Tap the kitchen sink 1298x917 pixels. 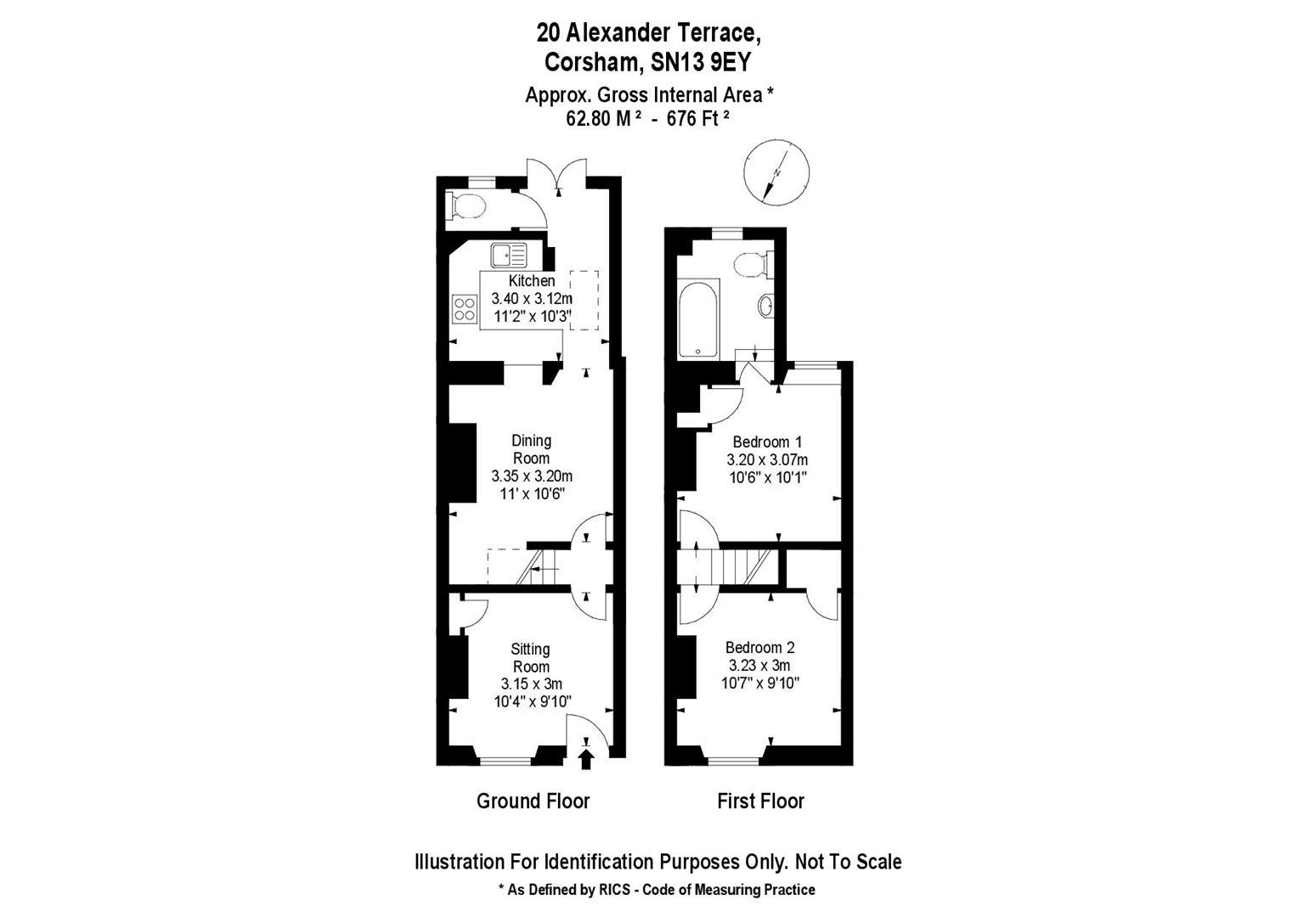[x=508, y=252]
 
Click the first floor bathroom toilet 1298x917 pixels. [x=753, y=263]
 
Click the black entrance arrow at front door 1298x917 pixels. [x=585, y=758]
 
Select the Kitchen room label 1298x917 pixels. [x=532, y=280]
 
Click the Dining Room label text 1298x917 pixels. [x=532, y=449]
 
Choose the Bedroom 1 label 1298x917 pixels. [x=767, y=442]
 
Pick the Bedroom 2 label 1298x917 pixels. [x=761, y=647]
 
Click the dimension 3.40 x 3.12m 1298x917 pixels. [x=532, y=299]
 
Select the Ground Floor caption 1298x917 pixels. [x=533, y=801]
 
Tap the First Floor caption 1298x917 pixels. [x=760, y=801]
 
